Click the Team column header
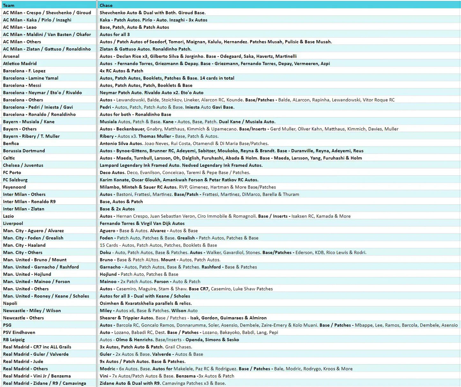point(9,5)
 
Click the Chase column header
point(106,5)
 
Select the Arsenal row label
point(11,56)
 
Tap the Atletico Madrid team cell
point(20,64)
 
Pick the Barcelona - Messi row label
point(22,85)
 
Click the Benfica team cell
point(11,143)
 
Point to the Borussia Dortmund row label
point(24,151)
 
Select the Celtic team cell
point(9,158)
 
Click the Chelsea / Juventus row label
point(23,165)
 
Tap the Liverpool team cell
point(13,223)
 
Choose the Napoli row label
point(10,303)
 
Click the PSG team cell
point(7,325)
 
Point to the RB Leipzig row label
point(14,340)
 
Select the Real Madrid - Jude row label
point(23,361)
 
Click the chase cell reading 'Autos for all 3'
point(115,34)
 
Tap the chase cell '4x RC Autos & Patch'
point(121,71)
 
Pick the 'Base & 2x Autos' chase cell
point(117,209)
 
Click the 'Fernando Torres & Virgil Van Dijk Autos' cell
point(142,223)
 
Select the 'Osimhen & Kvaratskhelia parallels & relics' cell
point(146,303)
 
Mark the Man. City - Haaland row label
point(24,245)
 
